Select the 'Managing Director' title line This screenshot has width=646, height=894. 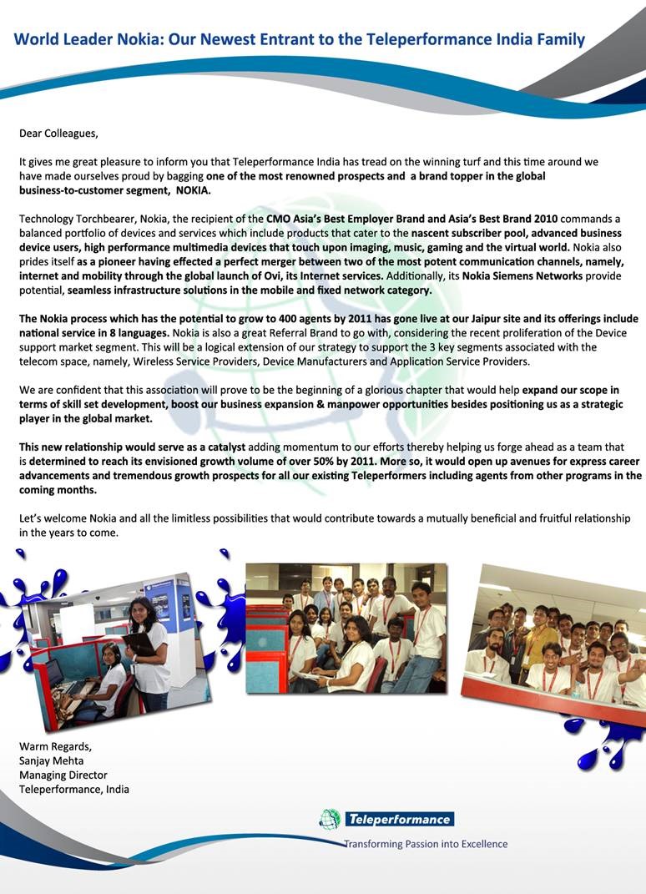tap(63, 775)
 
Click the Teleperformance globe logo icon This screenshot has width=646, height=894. tap(330, 819)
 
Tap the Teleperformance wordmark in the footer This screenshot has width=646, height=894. tap(399, 819)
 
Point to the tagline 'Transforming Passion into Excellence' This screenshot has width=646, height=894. tap(426, 844)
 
